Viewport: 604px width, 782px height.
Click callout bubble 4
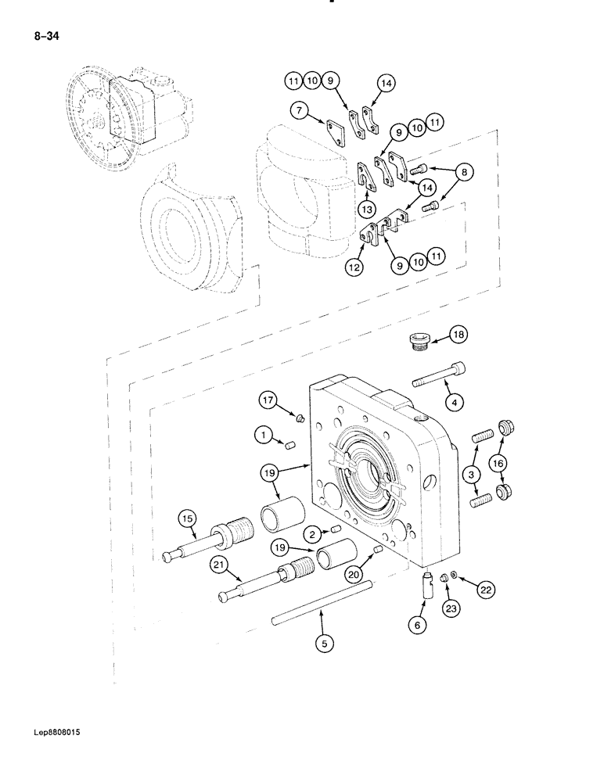455,402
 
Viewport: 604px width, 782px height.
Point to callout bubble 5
322,644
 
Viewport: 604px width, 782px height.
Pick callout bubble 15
186,518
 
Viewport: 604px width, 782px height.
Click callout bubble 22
486,590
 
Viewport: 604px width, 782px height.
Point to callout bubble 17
268,402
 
